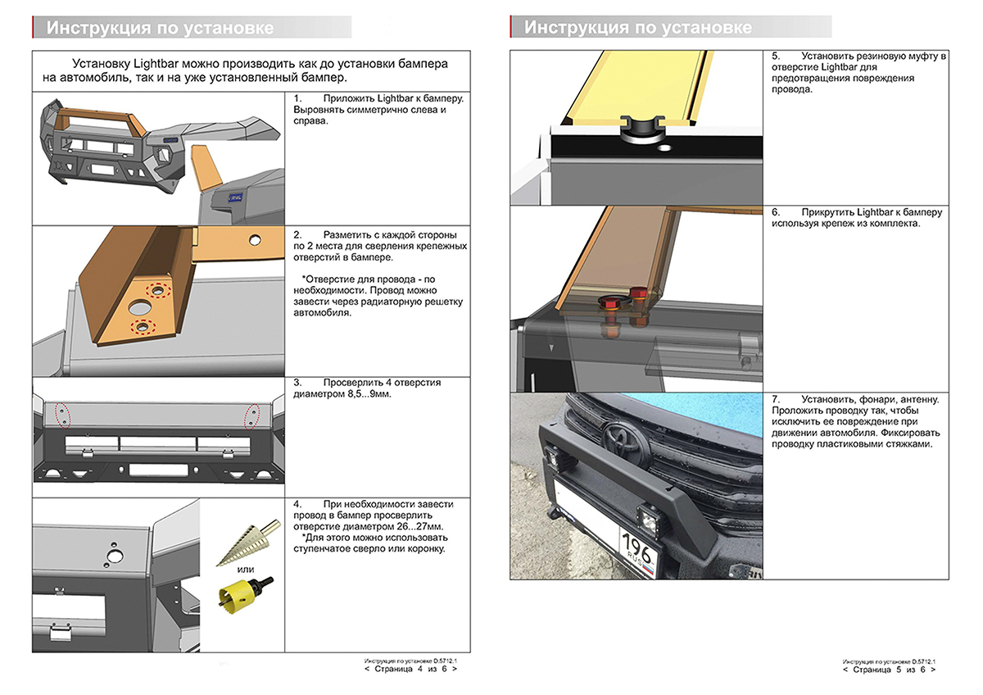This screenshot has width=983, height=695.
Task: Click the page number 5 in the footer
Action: coord(899,670)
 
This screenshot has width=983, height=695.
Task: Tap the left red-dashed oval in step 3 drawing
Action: coord(58,413)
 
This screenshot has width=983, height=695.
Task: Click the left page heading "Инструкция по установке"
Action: coord(161,27)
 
